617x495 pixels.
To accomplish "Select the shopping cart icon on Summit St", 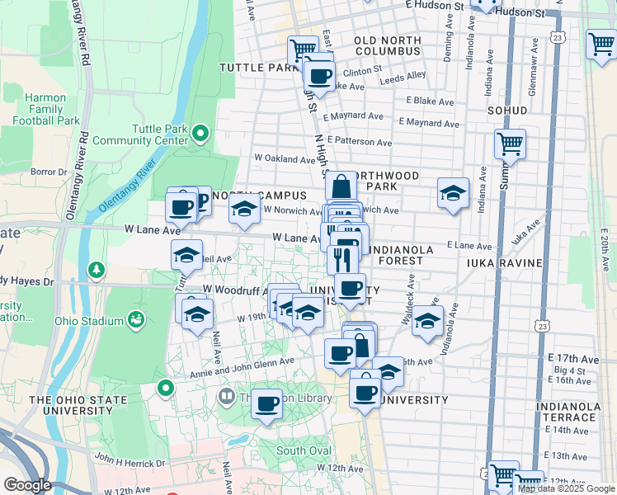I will pyautogui.click(x=511, y=144).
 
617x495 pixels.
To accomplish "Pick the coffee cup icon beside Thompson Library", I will pyautogui.click(x=266, y=404).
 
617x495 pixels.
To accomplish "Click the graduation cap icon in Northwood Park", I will pyautogui.click(x=453, y=194).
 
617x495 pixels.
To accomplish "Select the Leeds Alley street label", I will pyautogui.click(x=403, y=77).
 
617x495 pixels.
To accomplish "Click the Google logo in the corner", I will pyautogui.click(x=28, y=484).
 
